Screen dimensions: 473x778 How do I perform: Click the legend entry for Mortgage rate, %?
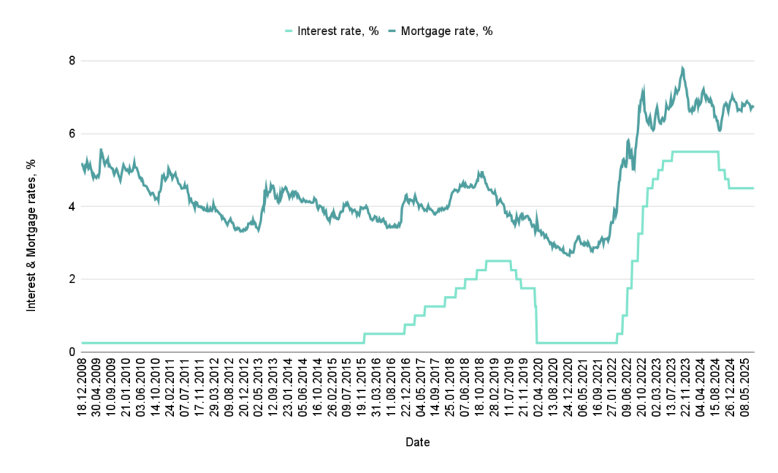(x=448, y=31)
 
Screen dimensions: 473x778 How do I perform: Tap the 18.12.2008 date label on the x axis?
(x=83, y=387)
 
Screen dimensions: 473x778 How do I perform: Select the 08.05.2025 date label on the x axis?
(x=746, y=387)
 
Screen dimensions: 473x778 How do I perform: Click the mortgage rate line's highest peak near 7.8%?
(x=683, y=68)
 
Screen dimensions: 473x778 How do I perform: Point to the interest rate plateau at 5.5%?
(x=695, y=152)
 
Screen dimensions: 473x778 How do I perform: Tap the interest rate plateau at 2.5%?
(x=498, y=261)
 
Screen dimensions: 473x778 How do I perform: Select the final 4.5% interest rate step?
(x=741, y=188)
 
